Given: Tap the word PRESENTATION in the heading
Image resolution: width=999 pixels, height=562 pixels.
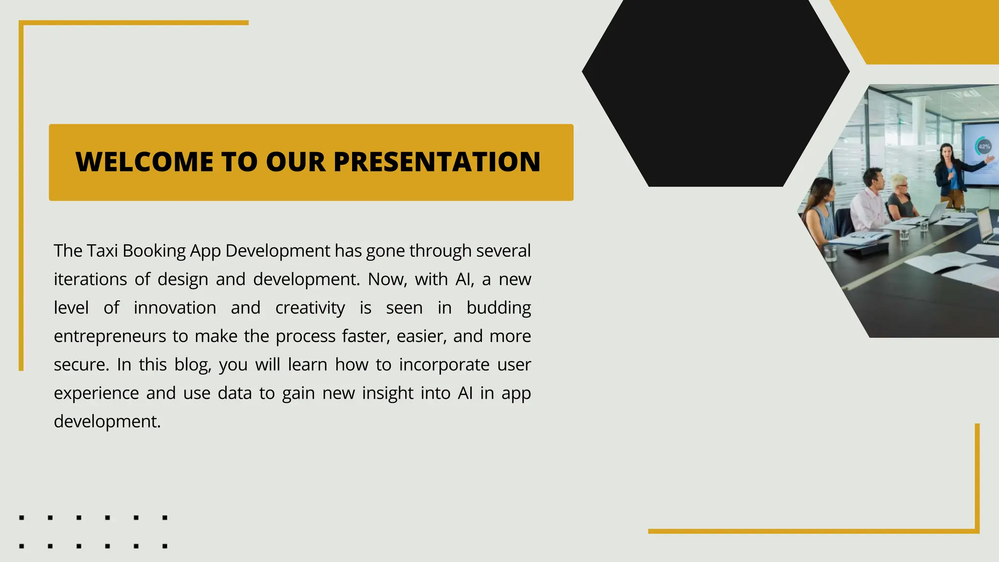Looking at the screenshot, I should pos(437,162).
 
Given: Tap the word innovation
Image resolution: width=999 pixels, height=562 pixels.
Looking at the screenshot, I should pos(175,308).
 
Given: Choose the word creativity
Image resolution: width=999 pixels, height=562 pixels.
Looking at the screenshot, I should pos(310,308).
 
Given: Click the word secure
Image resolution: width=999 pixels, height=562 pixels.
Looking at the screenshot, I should pos(80,365).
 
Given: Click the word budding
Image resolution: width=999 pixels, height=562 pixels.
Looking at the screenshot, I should pos(498,308).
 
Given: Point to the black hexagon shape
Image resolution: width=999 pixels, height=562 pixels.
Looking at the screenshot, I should pos(716,88).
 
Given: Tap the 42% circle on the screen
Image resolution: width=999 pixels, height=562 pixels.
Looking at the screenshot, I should pos(984,146).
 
